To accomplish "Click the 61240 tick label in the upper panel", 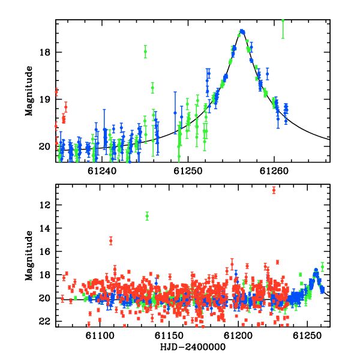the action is pyautogui.click(x=102, y=171).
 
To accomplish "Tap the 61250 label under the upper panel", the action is pyautogui.click(x=188, y=171).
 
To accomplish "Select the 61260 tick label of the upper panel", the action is pyautogui.click(x=274, y=171).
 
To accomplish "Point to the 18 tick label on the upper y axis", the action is pyautogui.click(x=45, y=52).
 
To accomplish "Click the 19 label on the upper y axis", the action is pyautogui.click(x=45, y=100).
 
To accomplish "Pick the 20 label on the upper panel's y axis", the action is pyautogui.click(x=45, y=146).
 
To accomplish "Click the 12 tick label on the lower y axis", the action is pyautogui.click(x=45, y=205).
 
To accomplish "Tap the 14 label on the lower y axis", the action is pyautogui.click(x=45, y=228).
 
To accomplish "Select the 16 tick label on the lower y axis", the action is pyautogui.click(x=45, y=251).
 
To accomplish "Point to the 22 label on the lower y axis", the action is pyautogui.click(x=45, y=322).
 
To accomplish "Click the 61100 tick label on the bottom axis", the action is pyautogui.click(x=100, y=335).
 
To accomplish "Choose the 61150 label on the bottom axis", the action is pyautogui.click(x=169, y=335).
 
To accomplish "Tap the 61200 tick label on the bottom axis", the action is pyautogui.click(x=238, y=335).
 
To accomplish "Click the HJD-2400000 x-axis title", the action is pyautogui.click(x=193, y=347).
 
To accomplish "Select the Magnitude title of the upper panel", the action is pyautogui.click(x=29, y=91).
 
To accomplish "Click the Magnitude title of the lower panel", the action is pyautogui.click(x=29, y=256).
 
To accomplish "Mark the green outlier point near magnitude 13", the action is pyautogui.click(x=147, y=216).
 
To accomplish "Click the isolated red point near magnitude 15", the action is pyautogui.click(x=111, y=241).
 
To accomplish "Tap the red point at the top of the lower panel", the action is pyautogui.click(x=274, y=190).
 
